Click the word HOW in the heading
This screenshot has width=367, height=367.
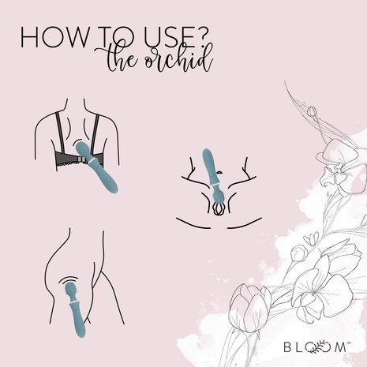point(47,39)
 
